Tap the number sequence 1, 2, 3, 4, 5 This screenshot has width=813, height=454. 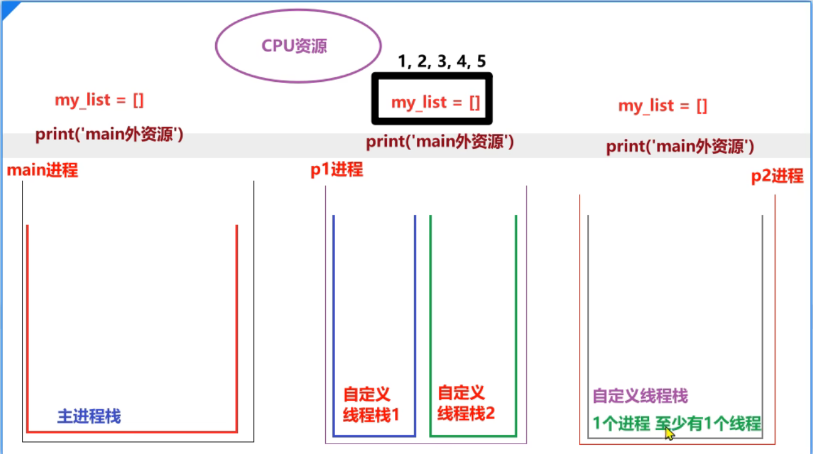click(441, 61)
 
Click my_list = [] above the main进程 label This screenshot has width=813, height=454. click(100, 100)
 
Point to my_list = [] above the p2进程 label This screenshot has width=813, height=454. click(663, 106)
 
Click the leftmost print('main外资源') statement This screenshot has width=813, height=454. click(109, 135)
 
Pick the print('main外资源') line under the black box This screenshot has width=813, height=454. click(440, 142)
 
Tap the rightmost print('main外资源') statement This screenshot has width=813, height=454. click(680, 147)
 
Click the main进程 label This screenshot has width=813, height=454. click(43, 170)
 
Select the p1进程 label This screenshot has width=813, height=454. click(337, 169)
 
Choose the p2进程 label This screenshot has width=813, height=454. click(777, 176)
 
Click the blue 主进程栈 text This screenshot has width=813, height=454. click(89, 417)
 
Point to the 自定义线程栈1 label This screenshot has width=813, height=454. click(370, 404)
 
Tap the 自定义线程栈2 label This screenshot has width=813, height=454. click(466, 403)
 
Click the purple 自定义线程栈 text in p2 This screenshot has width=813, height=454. click(641, 396)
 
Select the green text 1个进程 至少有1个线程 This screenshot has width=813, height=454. click(677, 423)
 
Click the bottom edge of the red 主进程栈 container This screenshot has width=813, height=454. click(132, 432)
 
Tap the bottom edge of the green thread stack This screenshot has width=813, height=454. click(473, 436)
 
